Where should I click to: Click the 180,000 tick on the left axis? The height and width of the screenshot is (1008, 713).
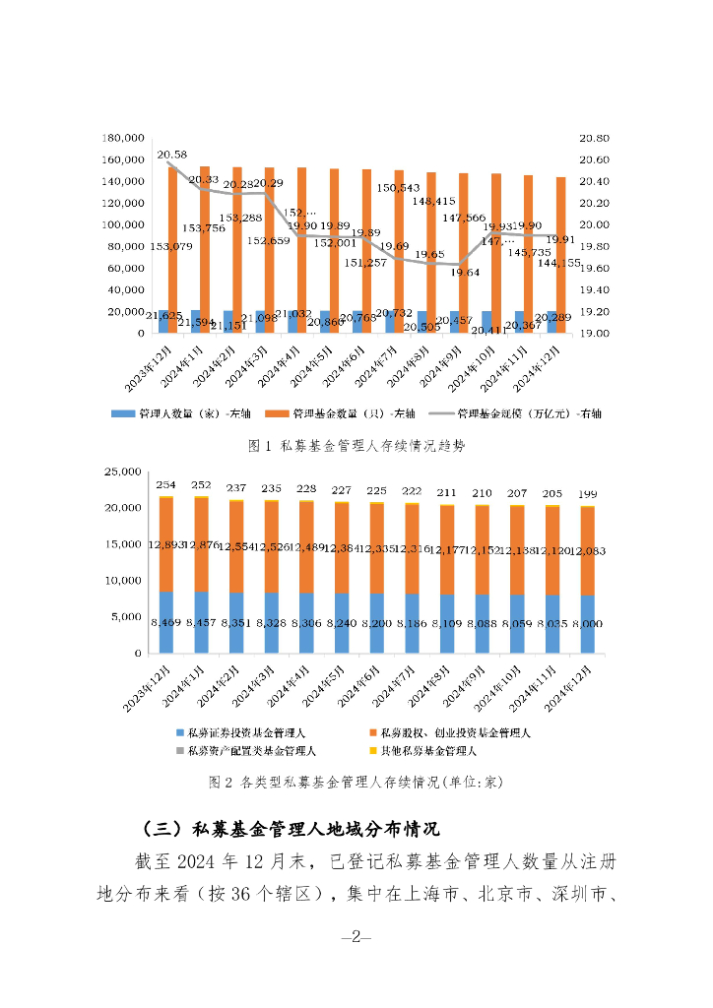tap(124, 139)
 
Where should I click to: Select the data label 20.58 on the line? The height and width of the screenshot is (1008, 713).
tap(172, 155)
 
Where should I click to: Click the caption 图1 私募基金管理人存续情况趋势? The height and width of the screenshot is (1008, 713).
tap(356, 446)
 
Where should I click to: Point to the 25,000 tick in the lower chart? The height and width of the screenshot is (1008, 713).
tap(126, 472)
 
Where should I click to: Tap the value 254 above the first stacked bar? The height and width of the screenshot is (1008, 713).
tap(166, 485)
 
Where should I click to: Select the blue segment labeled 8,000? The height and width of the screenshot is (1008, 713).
tap(587, 624)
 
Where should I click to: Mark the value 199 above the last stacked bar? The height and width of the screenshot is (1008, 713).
tap(587, 493)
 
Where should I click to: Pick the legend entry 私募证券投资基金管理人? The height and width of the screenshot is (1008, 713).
tap(242, 733)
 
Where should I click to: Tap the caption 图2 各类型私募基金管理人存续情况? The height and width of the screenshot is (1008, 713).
tap(356, 783)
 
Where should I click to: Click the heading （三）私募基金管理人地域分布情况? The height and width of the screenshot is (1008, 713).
tap(291, 826)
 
